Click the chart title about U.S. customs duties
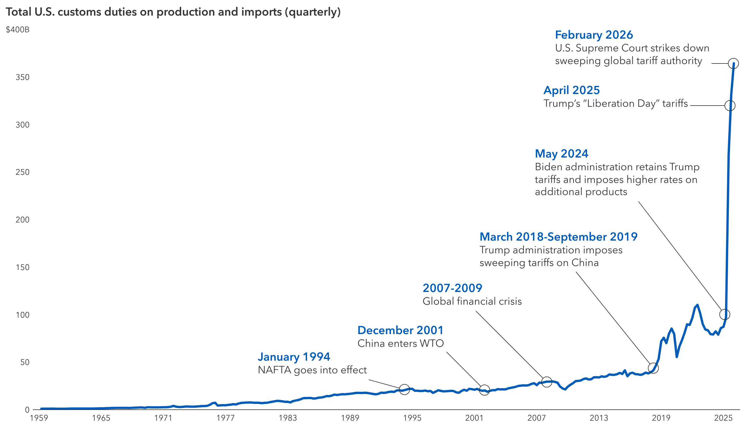tap(173, 12)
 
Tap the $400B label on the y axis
tap(18, 30)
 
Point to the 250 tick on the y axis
tap(22, 172)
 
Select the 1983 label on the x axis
tap(288, 418)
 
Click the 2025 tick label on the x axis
tap(723, 418)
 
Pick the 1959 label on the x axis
tap(39, 418)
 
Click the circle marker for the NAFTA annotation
tap(404, 390)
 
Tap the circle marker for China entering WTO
tap(484, 390)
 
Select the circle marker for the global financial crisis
tap(546, 382)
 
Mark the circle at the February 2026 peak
tap(733, 63)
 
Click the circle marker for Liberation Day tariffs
tap(729, 106)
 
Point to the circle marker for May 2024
tap(725, 314)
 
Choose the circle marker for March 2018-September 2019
tap(653, 368)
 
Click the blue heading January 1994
tap(294, 357)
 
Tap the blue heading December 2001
tap(400, 331)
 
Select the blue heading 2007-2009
tap(452, 288)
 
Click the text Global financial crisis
tap(472, 301)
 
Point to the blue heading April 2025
tap(571, 90)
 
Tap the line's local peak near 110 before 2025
tap(697, 305)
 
